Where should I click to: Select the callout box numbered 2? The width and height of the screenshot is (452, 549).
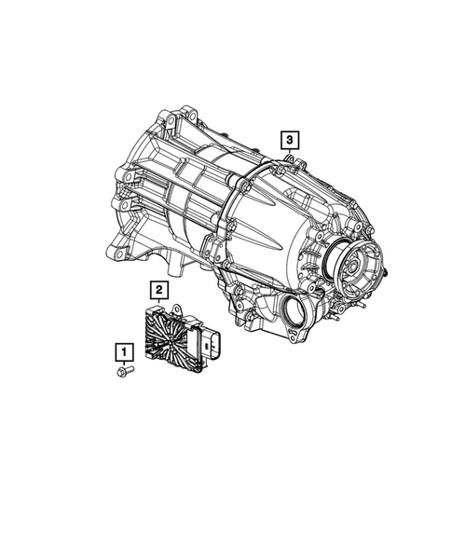160,290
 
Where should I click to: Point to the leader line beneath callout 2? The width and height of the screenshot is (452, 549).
160,302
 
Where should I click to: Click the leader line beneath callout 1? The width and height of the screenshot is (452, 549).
123,363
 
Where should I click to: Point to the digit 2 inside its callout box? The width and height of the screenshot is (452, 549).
160,290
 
